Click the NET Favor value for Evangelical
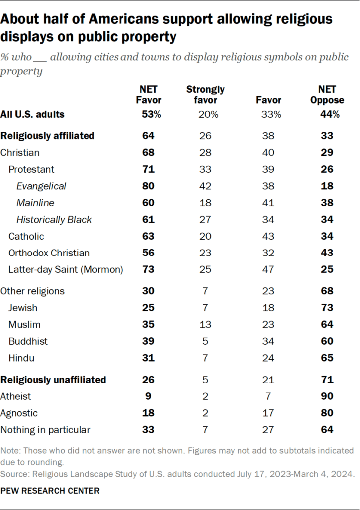click(148, 186)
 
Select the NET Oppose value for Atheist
click(327, 396)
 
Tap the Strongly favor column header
click(205, 95)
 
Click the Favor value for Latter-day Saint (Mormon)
click(268, 270)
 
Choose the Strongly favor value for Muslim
click(205, 325)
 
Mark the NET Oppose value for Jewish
click(327, 308)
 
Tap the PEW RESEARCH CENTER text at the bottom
click(50, 491)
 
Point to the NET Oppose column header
click(327, 95)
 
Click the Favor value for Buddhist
click(268, 342)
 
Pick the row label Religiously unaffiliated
click(53, 380)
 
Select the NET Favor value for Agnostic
click(148, 413)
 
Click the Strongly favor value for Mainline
click(205, 203)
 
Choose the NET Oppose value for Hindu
click(327, 358)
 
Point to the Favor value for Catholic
click(268, 237)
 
